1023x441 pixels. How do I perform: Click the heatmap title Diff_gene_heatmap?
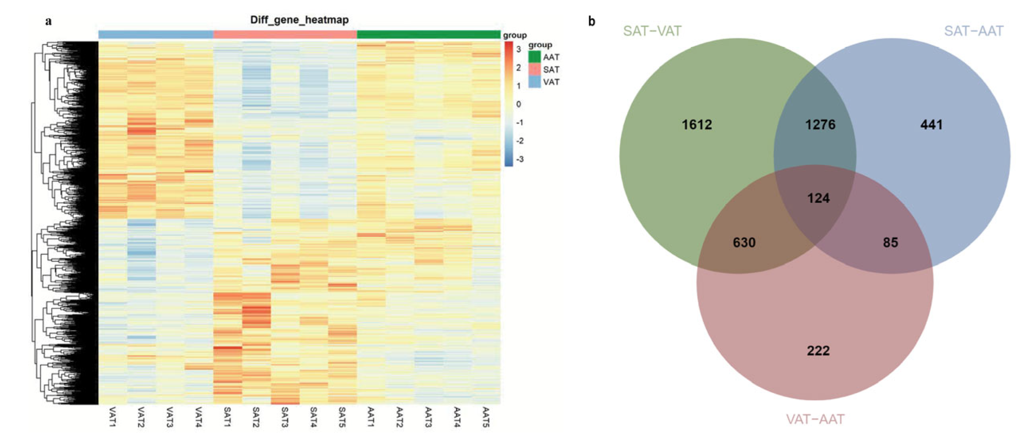[299, 20]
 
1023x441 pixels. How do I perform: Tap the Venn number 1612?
[696, 125]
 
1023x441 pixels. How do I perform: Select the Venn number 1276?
[820, 125]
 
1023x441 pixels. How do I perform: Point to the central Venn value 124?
[818, 198]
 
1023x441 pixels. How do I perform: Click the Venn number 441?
[931, 125]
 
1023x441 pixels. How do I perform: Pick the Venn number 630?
[744, 242]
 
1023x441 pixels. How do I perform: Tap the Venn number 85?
[890, 242]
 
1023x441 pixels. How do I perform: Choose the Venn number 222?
[818, 351]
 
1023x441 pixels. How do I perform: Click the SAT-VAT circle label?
[652, 31]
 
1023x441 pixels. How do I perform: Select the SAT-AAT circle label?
[973, 31]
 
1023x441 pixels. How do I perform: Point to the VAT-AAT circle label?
[815, 419]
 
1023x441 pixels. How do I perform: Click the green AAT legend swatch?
[534, 57]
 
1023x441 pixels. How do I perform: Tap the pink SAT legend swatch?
[534, 69]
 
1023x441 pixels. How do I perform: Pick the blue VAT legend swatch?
[534, 82]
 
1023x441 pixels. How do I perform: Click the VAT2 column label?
[141, 417]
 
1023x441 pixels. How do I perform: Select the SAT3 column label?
[284, 417]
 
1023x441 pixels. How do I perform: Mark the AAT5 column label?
[485, 417]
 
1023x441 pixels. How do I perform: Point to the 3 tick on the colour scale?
[518, 49]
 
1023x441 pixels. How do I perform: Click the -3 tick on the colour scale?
[519, 159]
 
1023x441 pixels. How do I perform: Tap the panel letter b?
[592, 22]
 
